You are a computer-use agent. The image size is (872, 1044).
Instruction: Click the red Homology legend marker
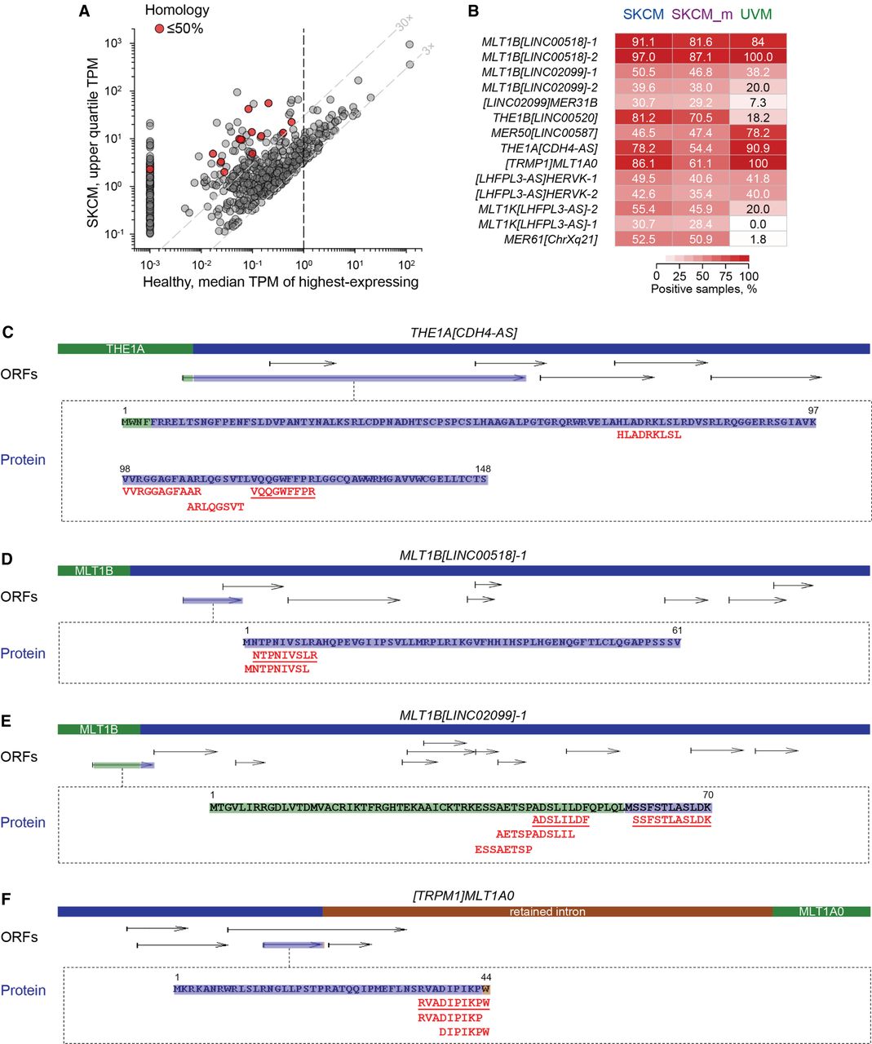(159, 29)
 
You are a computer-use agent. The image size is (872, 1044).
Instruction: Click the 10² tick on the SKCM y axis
(123, 91)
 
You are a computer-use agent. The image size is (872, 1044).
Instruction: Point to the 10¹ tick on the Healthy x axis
(355, 264)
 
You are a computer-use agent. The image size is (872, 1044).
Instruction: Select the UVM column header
(756, 14)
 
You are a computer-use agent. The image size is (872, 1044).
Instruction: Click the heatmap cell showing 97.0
(643, 57)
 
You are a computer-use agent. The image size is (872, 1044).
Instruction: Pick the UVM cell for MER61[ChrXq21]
(758, 239)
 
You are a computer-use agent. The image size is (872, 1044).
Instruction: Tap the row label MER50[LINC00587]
(544, 133)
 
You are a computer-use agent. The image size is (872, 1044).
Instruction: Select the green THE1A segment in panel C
(125, 349)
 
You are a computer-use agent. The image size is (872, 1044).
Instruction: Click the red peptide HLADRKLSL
(649, 436)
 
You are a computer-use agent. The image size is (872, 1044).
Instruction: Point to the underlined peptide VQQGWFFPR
(282, 492)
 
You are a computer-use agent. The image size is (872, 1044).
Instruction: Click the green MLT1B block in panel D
(94, 571)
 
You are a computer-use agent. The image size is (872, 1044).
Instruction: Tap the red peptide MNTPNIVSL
(277, 669)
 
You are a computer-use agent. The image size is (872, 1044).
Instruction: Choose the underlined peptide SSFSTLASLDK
(671, 820)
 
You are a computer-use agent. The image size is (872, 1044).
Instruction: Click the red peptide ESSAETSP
(503, 850)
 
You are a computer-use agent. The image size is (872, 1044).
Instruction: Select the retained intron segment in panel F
(547, 912)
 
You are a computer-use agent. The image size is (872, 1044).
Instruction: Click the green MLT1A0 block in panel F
(821, 912)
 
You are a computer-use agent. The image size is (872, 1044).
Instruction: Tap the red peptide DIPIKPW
(464, 1032)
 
